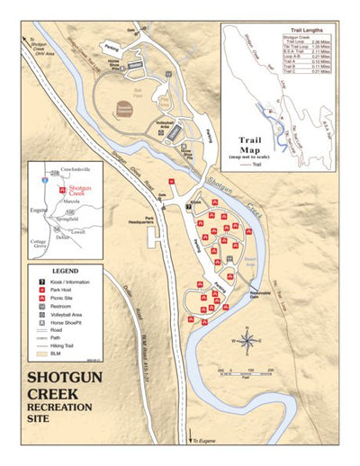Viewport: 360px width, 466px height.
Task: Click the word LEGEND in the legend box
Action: pos(65,270)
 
